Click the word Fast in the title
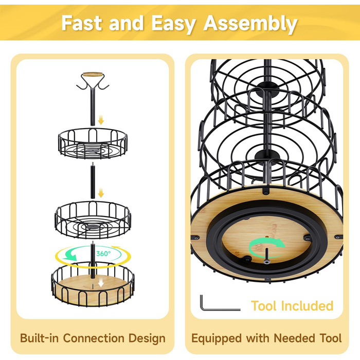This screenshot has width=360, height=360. [81, 23]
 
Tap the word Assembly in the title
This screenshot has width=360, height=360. [250, 24]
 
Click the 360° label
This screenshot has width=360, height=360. [103, 254]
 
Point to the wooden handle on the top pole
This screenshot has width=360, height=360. [93, 75]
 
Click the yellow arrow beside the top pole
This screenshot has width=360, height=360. [101, 120]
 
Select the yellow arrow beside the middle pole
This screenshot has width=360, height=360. [101, 193]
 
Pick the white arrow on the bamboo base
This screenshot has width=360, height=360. [101, 283]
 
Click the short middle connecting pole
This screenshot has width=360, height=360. [93, 181]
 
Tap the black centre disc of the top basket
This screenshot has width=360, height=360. [93, 151]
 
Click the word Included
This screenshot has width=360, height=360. [307, 306]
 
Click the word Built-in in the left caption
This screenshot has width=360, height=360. [39, 338]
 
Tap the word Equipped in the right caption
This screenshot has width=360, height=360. [217, 338]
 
